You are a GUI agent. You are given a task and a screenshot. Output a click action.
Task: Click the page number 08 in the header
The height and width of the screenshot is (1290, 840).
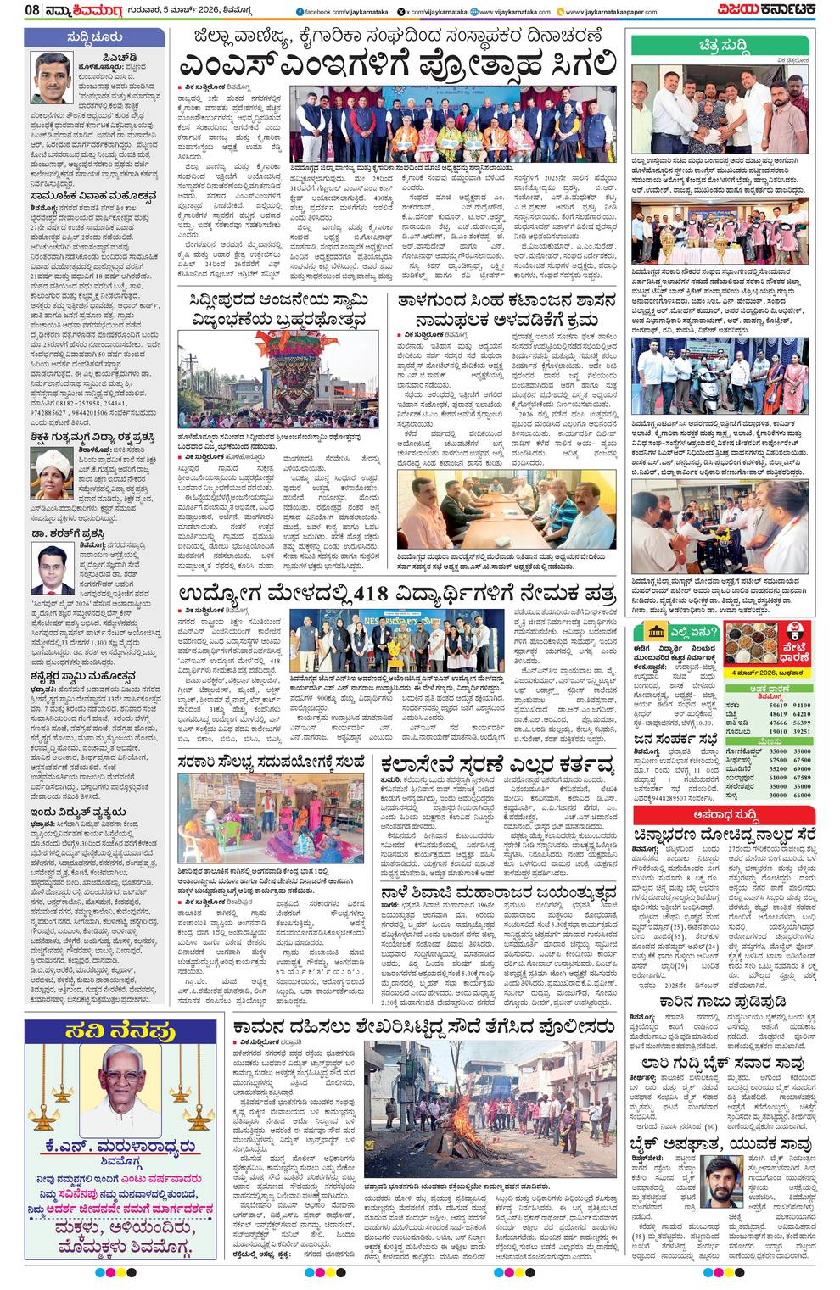(32, 11)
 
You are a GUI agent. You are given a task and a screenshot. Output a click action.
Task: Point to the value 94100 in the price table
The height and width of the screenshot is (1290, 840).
(801, 705)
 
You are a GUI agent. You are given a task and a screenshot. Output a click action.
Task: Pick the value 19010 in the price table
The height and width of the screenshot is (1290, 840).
(776, 730)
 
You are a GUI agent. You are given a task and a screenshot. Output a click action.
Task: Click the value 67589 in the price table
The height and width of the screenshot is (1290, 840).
(801, 777)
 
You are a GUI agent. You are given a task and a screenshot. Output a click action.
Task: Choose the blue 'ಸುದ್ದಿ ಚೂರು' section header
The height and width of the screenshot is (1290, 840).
(94, 37)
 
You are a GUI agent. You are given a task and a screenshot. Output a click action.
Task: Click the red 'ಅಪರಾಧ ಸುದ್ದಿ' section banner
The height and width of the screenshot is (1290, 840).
(721, 815)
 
